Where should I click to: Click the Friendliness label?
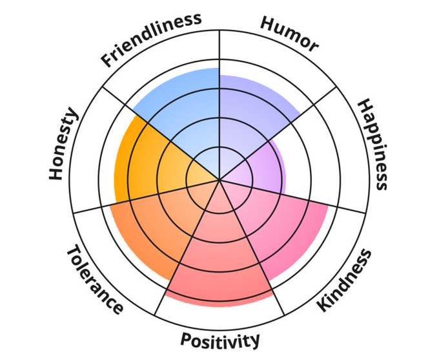click(150, 39)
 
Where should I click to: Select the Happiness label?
click(373, 143)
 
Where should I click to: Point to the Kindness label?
click(345, 280)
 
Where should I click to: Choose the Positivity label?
click(220, 339)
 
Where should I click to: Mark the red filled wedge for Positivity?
click(219, 265)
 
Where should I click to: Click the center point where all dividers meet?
click(219, 180)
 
